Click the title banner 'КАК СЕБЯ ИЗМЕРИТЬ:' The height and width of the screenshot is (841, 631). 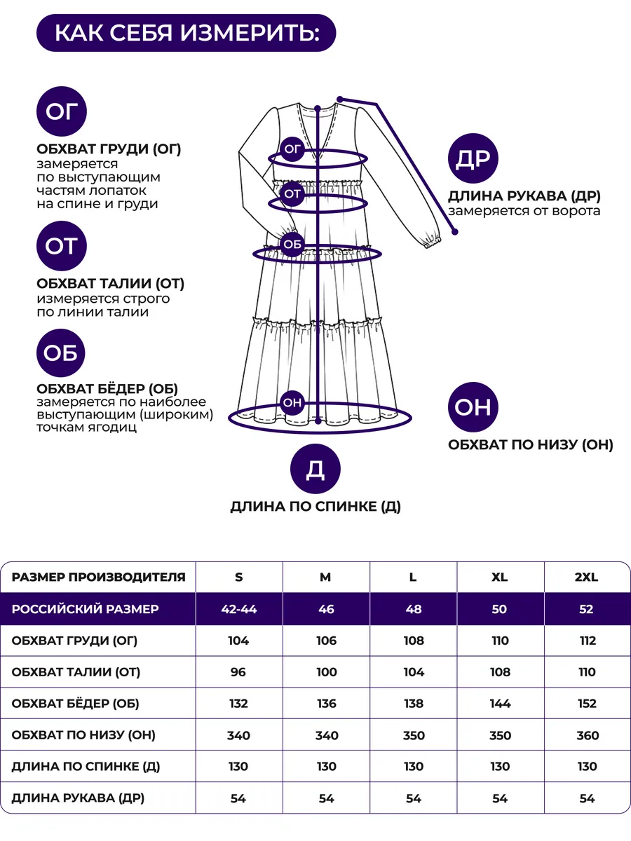point(186,33)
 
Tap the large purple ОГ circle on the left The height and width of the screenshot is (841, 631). point(61,111)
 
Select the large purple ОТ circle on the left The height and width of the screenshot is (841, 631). point(61,246)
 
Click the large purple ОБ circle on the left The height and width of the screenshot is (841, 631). point(61,353)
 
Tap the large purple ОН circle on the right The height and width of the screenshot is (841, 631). point(473,407)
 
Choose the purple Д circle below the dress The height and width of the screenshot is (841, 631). point(315,470)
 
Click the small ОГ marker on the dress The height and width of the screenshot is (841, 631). point(292,149)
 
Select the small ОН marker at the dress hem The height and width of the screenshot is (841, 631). point(292,402)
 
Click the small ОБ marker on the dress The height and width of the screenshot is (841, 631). point(292,245)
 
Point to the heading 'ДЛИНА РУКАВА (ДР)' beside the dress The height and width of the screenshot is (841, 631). point(524,196)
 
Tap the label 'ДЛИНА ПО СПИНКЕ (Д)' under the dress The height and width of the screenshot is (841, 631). point(315,507)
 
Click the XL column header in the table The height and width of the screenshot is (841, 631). point(500,577)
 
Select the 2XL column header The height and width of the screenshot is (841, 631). point(587,577)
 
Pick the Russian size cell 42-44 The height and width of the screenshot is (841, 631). point(238,609)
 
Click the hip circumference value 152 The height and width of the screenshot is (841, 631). point(588,704)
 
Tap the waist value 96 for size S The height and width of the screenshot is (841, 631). point(238,672)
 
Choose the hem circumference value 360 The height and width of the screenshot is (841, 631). point(588,735)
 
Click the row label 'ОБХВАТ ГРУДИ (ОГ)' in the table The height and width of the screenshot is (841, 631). point(74,641)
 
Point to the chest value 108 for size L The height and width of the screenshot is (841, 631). point(414,641)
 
